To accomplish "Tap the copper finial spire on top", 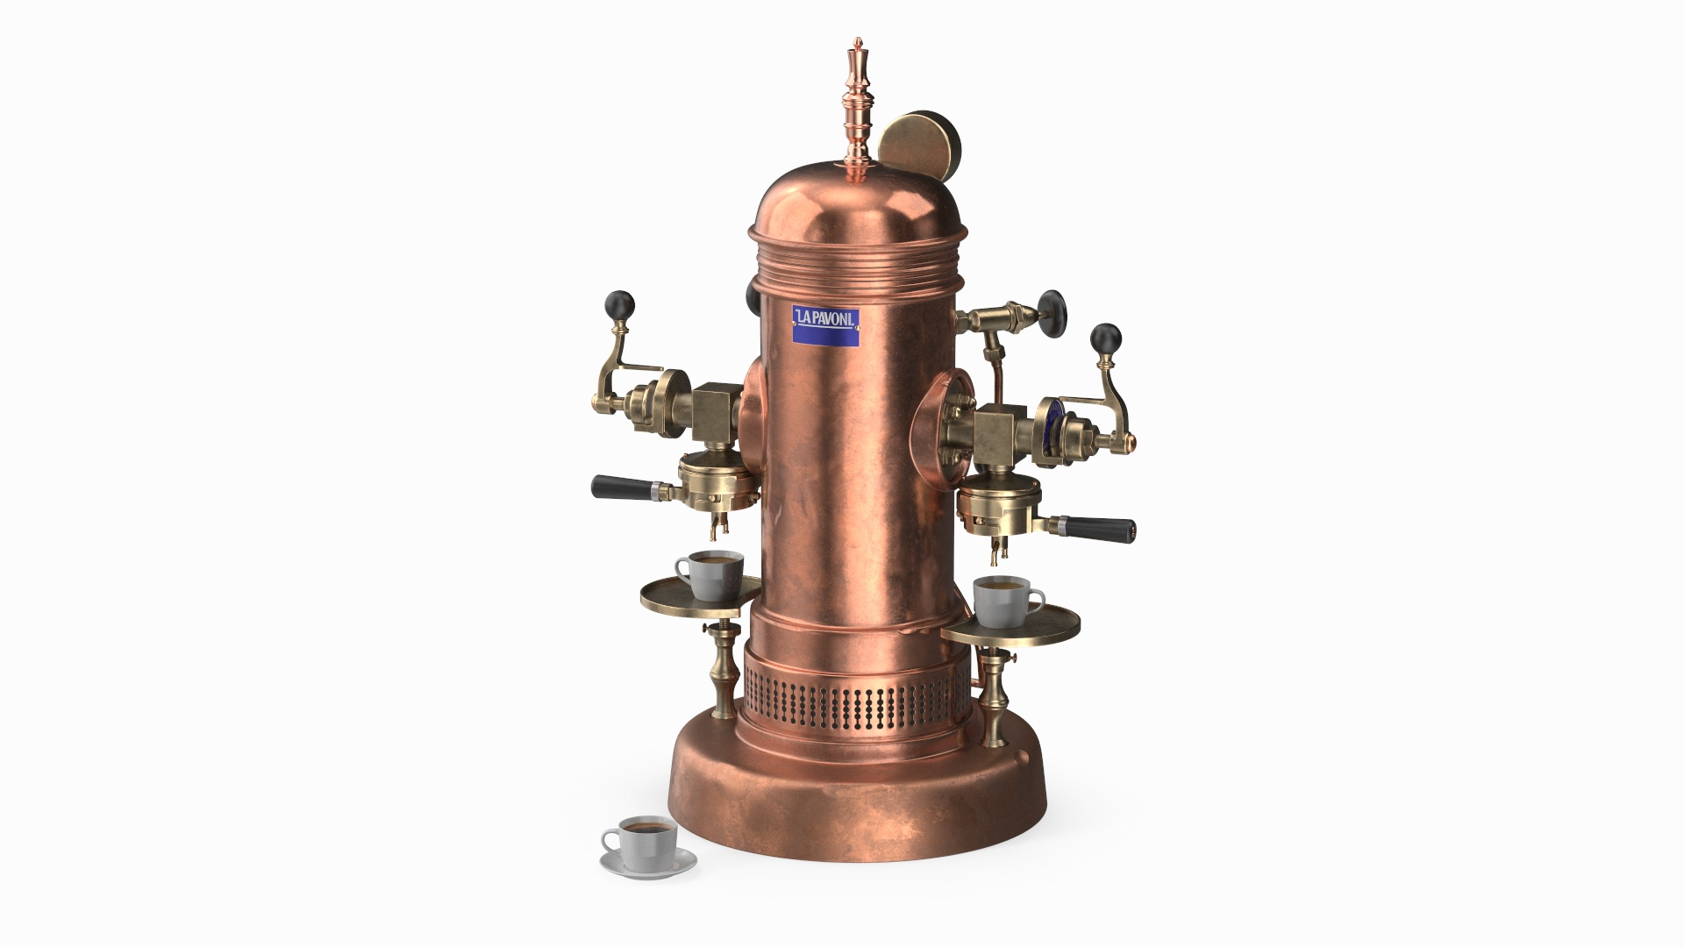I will click(856, 105).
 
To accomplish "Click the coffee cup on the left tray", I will click(709, 575).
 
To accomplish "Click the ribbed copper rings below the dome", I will click(858, 263).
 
